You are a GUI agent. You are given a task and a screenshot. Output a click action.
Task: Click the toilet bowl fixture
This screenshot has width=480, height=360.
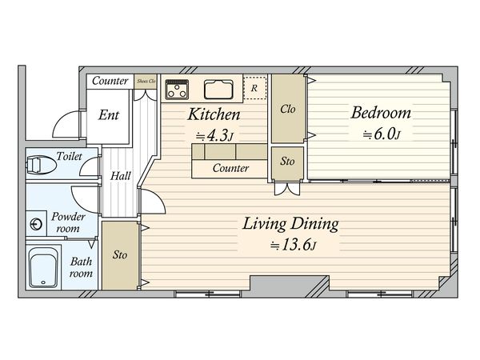(x=41, y=165)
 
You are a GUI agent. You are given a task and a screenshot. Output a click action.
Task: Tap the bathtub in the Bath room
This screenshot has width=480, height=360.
(x=43, y=267)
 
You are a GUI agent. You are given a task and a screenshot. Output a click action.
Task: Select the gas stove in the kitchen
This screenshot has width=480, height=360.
(x=177, y=90)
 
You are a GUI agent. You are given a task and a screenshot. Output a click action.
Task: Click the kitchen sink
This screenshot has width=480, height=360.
(x=218, y=90)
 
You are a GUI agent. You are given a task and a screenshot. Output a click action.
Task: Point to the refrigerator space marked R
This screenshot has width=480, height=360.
(x=254, y=88)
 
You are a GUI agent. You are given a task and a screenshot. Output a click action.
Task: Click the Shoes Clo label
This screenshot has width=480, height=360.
(x=146, y=81)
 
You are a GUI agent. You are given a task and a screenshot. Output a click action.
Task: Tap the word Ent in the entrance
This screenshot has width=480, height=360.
(x=108, y=115)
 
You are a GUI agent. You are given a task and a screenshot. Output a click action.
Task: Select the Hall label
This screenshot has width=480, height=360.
(x=120, y=176)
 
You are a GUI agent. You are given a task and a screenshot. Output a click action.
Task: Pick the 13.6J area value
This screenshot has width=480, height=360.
(x=293, y=244)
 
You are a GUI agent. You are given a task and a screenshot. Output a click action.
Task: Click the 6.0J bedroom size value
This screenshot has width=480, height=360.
(x=382, y=134)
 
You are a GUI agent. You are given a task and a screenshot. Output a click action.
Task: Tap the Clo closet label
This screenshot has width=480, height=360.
(x=288, y=109)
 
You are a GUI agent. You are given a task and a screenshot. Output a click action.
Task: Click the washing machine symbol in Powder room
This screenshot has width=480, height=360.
(x=36, y=224)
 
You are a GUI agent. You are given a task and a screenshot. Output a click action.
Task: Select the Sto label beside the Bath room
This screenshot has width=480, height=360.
(x=120, y=254)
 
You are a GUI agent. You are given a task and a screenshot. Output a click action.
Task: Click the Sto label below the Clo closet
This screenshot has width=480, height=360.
(x=287, y=161)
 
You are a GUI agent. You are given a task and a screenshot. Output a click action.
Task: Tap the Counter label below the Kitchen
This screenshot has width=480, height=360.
(x=231, y=168)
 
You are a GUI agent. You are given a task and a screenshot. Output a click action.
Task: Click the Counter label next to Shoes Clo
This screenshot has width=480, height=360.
(x=110, y=81)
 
